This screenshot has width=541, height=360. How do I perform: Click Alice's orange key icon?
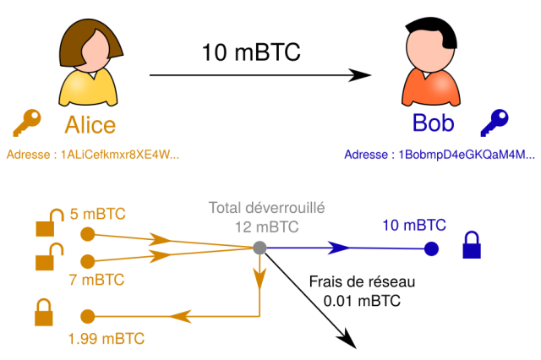click(x=26, y=123)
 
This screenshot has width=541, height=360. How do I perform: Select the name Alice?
click(x=90, y=124)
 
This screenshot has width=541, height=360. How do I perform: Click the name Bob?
click(x=433, y=124)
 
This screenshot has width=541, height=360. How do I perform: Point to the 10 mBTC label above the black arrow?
click(x=251, y=52)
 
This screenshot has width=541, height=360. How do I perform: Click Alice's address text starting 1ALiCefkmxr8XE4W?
click(x=92, y=155)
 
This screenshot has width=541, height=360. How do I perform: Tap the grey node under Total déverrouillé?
click(x=260, y=248)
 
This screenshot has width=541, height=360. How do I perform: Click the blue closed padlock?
click(x=473, y=246)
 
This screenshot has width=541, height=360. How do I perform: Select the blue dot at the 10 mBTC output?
click(x=431, y=248)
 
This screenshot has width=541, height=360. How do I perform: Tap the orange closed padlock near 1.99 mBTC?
click(x=44, y=312)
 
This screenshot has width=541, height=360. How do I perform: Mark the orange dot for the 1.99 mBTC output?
click(x=86, y=316)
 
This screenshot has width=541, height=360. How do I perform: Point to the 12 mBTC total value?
click(x=267, y=226)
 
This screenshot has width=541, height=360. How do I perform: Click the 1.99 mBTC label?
click(x=107, y=339)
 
